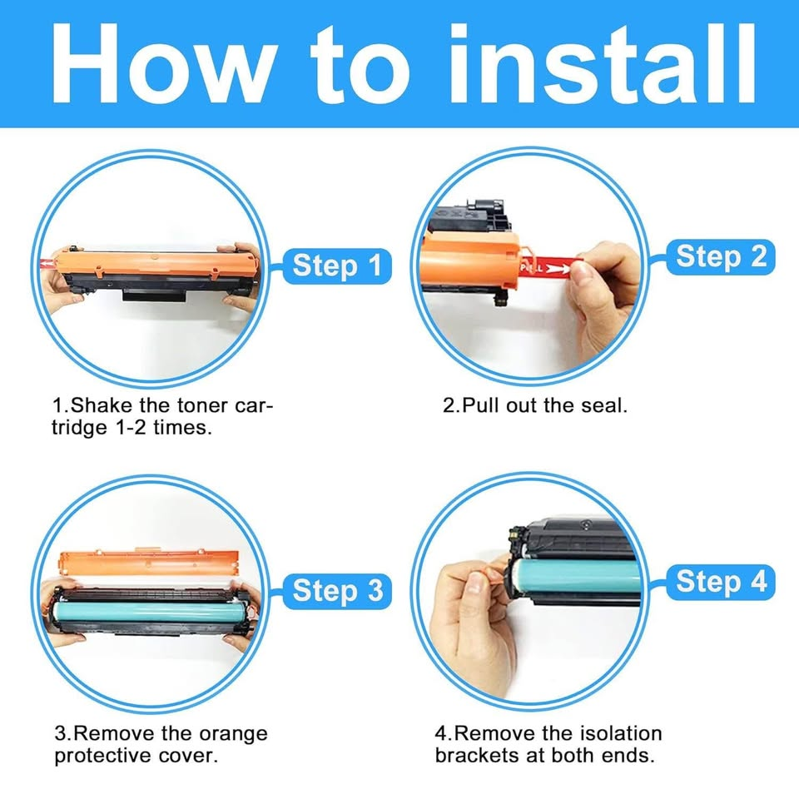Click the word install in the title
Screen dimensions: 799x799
point(602,64)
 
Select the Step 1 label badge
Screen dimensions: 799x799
point(337,266)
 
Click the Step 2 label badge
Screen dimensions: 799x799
point(721,256)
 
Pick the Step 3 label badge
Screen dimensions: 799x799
point(337,591)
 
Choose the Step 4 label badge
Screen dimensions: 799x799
point(721,582)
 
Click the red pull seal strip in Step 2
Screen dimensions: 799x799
point(548,266)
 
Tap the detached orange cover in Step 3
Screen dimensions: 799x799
point(149,563)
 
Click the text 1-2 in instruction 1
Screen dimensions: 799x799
point(131,428)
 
